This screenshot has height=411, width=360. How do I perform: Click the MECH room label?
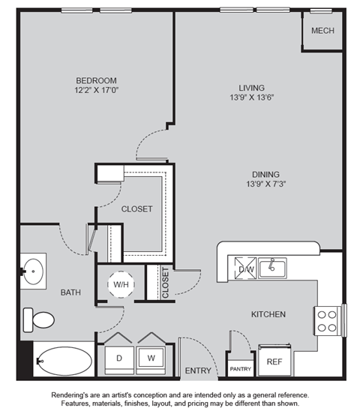tap(322, 31)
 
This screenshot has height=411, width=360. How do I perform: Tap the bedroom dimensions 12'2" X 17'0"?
tap(97, 90)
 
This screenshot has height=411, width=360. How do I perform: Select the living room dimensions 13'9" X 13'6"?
tap(252, 97)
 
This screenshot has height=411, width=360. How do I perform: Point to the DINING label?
tap(265, 174)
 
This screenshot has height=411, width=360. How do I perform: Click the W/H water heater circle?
tap(121, 284)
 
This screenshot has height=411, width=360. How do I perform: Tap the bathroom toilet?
tap(38, 320)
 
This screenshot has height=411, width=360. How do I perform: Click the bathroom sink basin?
tap(33, 271)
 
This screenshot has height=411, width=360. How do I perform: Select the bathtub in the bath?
tap(64, 361)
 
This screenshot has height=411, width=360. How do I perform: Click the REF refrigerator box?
tap(274, 360)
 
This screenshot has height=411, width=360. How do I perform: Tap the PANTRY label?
tap(241, 369)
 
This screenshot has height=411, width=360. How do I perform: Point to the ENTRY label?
tap(198, 370)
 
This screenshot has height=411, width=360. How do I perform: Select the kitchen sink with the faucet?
tap(272, 268)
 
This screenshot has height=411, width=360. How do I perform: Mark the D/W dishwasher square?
tap(246, 268)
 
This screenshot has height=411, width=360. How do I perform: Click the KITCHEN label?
tap(268, 314)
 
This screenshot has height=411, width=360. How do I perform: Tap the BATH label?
tap(70, 292)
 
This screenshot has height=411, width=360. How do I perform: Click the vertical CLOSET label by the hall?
tap(166, 283)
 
